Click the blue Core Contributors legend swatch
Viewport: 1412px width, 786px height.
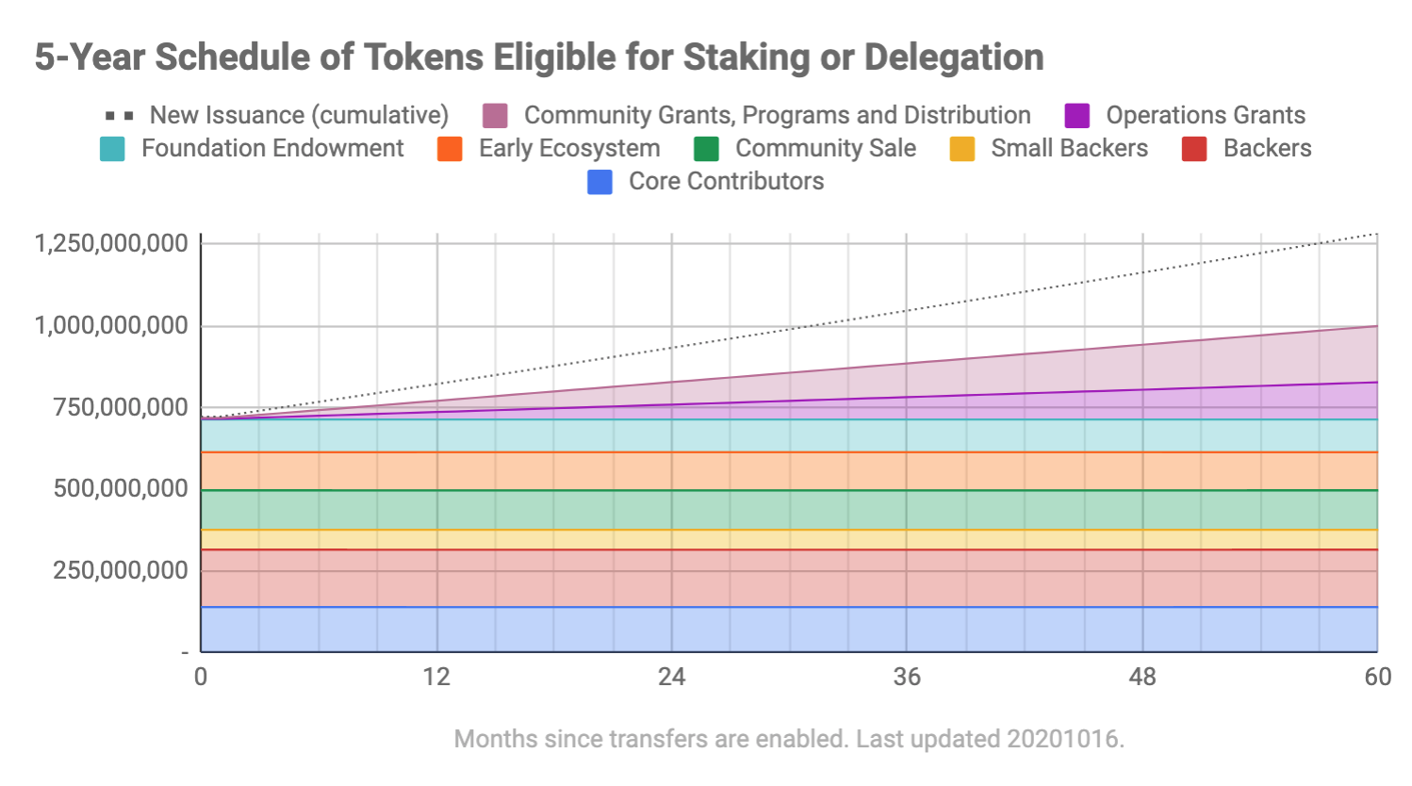[599, 182]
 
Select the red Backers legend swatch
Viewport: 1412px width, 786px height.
[1194, 149]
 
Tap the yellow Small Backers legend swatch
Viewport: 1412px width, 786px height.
[962, 149]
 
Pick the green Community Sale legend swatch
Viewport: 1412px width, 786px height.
[706, 149]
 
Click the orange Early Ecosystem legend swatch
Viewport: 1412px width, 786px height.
[450, 149]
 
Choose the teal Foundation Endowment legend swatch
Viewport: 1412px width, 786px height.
[112, 149]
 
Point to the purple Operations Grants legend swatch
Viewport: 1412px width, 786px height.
[1076, 116]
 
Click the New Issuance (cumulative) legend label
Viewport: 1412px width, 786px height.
[299, 115]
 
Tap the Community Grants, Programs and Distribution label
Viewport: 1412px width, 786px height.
[777, 115]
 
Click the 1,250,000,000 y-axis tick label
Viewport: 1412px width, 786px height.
[111, 243]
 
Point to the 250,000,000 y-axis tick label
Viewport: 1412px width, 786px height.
[121, 570]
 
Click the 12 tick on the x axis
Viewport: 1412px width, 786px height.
[436, 677]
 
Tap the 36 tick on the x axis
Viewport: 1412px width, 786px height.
[907, 677]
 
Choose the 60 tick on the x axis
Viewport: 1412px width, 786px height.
[1377, 677]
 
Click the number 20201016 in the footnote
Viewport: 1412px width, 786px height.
[1063, 739]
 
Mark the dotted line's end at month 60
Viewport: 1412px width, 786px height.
[1377, 234]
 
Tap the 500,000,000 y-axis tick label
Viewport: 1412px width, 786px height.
[121, 488]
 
